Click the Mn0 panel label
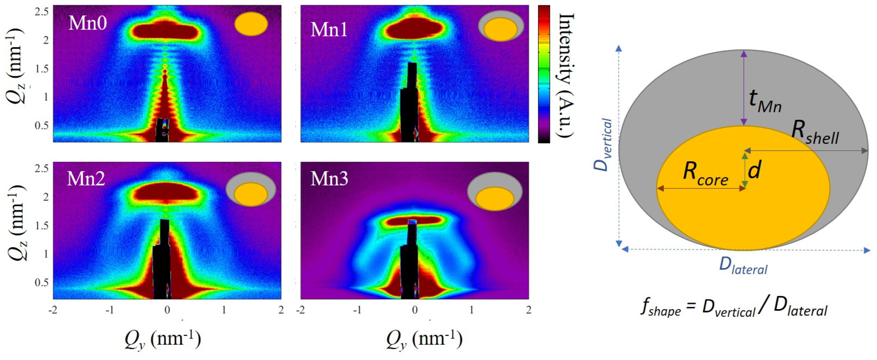88,23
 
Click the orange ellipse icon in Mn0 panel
251,24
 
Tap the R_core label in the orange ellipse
706,174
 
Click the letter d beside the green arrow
754,170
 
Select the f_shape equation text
734,309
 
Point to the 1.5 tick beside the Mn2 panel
42,225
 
